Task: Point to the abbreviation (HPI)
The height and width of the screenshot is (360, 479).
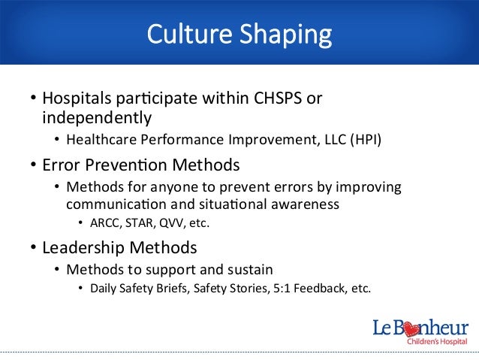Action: pos(363,139)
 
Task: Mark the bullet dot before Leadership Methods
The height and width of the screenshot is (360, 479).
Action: pos(33,247)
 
